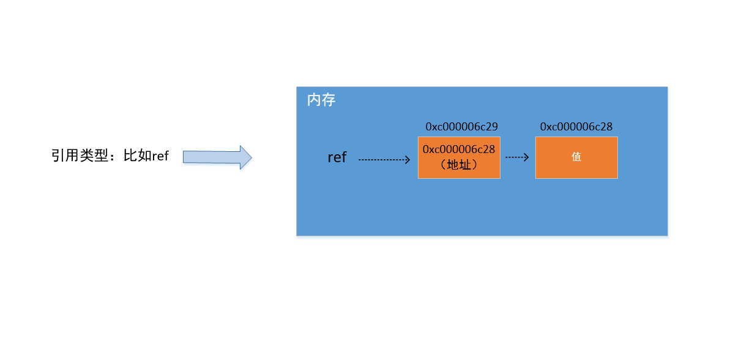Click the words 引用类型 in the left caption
click(80, 156)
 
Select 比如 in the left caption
click(138, 156)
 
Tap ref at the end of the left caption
click(160, 156)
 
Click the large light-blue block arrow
click(217, 157)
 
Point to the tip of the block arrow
click(251, 157)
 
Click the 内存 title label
click(321, 100)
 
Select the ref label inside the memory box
click(337, 157)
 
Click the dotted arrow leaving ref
click(384, 160)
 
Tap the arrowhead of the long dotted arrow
click(408, 160)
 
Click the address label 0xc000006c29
click(462, 127)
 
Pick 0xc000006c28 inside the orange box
click(459, 149)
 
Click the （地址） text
click(459, 165)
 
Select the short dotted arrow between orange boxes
click(517, 157)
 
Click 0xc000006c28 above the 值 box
click(576, 127)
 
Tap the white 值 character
click(576, 157)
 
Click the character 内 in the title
click(314, 100)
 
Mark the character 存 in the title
click(329, 100)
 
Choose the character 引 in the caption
click(58, 156)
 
